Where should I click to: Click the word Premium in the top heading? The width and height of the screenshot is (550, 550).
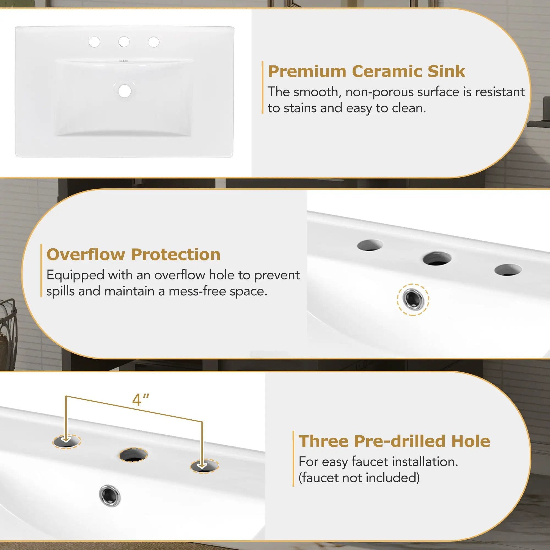click(307, 71)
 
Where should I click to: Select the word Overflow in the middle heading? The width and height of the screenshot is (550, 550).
click(86, 254)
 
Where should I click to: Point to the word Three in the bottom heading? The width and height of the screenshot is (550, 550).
click(323, 441)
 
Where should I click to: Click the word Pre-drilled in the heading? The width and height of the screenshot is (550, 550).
click(399, 441)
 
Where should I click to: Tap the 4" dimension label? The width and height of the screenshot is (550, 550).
click(141, 400)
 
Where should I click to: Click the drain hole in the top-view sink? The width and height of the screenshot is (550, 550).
click(124, 91)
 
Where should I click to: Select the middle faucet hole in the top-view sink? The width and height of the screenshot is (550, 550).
click(124, 42)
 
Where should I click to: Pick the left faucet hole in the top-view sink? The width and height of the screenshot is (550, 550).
click(94, 42)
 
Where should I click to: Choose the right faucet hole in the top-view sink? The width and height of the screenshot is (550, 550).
click(154, 42)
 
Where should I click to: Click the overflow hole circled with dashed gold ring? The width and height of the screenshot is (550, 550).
click(413, 299)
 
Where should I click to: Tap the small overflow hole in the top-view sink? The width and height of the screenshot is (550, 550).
click(124, 61)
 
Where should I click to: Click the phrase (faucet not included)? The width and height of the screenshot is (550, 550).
click(359, 478)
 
